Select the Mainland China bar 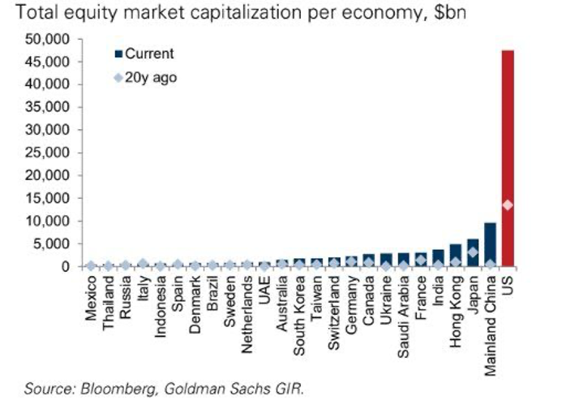click(x=491, y=244)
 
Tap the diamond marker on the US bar click(x=508, y=205)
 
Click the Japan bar click(x=473, y=252)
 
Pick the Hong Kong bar click(x=456, y=255)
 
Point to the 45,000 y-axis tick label click(x=56, y=62)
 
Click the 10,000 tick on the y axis click(x=56, y=221)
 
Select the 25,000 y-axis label click(x=56, y=153)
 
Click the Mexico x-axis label click(x=91, y=298)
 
